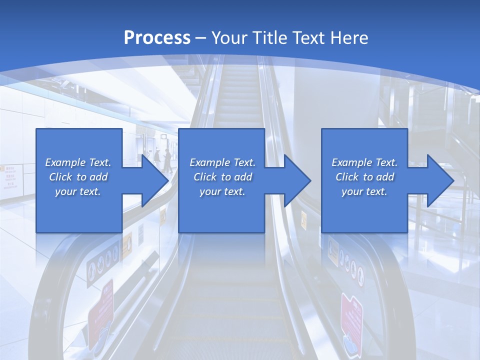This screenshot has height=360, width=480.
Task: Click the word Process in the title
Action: (x=157, y=37)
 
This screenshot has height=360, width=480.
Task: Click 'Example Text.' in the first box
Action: (x=78, y=162)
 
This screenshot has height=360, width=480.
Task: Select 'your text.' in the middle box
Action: (x=222, y=191)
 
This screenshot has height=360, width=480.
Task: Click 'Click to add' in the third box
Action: (x=364, y=177)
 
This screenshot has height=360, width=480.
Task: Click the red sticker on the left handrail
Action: (x=101, y=310)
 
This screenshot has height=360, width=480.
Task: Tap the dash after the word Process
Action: (x=201, y=38)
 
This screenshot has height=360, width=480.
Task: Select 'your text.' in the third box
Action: (x=364, y=191)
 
